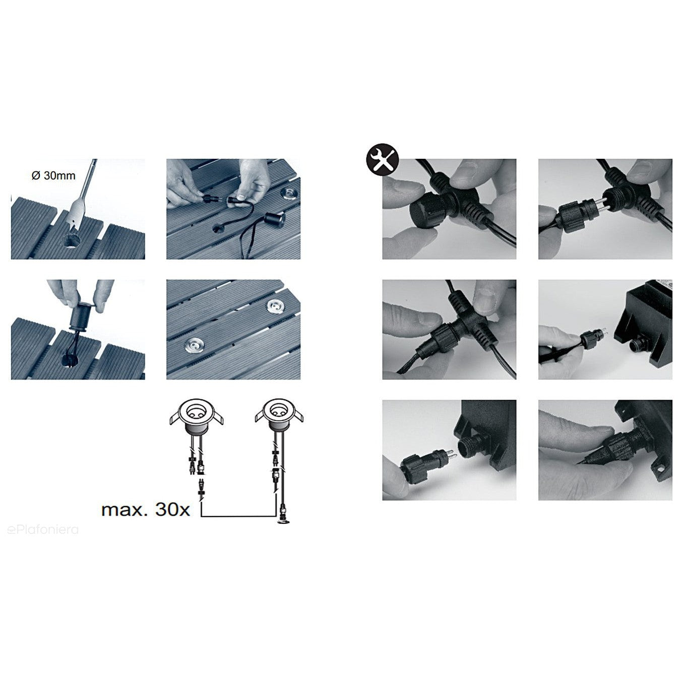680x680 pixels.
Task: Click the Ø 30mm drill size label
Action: pos(53,175)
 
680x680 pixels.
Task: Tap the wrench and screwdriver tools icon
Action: pos(383,160)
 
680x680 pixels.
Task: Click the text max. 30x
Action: pos(145,510)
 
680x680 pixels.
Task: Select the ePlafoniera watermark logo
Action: pos(43,530)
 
